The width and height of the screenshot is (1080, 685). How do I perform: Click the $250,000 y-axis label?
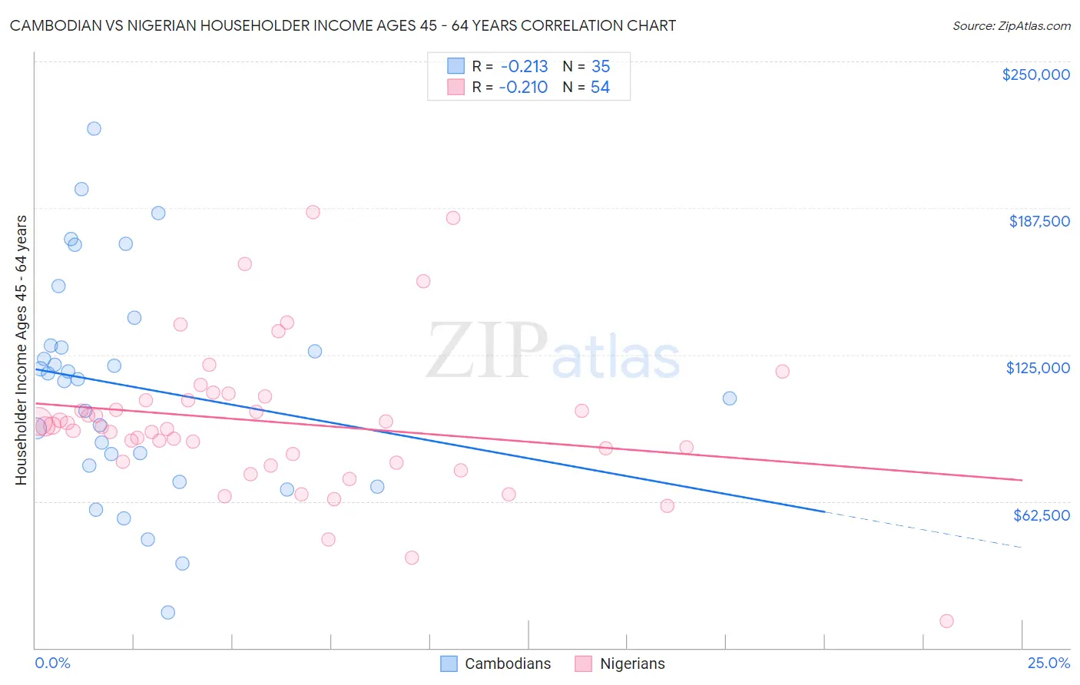point(1035,74)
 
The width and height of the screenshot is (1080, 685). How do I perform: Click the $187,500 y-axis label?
point(1039,221)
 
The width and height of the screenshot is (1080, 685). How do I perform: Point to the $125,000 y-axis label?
point(1038,368)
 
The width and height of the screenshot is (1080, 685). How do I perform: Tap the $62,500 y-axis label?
point(1041,515)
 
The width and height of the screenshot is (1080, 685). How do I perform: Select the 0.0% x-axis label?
point(52,663)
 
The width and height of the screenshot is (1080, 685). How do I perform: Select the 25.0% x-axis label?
point(1049,663)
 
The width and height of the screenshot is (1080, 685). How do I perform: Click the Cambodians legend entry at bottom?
point(508,663)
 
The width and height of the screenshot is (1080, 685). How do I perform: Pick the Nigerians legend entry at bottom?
point(632,663)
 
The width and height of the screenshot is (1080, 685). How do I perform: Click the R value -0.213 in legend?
point(524,67)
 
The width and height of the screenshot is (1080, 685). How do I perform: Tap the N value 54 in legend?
point(600,88)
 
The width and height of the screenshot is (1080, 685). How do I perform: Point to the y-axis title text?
point(21,350)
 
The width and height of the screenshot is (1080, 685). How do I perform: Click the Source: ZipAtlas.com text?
point(1011,26)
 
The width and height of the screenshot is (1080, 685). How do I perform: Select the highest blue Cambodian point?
point(94,128)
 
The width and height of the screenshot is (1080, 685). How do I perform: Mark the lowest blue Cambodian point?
point(168,612)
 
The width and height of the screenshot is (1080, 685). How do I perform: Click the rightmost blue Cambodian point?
point(730,398)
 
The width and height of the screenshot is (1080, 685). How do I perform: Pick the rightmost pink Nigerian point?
point(946,620)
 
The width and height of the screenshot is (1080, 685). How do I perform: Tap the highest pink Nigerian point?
point(313,212)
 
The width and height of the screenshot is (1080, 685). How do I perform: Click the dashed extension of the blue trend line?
point(922,529)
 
